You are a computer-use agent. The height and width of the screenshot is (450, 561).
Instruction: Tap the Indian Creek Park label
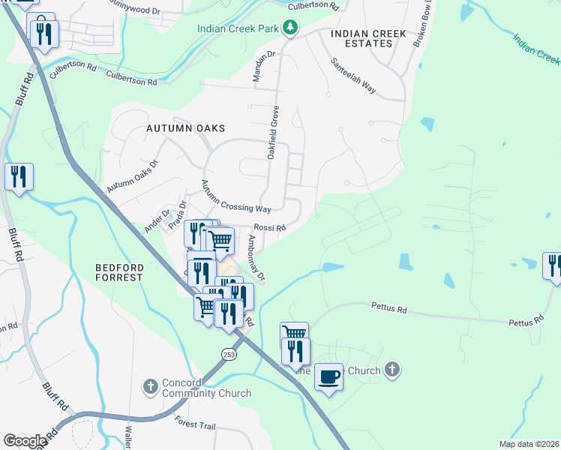[x=238, y=29]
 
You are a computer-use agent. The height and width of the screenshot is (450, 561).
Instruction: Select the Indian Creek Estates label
[x=368, y=38]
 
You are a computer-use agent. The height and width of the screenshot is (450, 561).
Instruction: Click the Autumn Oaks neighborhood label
[x=186, y=128]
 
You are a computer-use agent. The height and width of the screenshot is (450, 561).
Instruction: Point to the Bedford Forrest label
[x=119, y=271]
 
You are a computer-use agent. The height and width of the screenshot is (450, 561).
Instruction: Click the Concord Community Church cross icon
[x=150, y=387]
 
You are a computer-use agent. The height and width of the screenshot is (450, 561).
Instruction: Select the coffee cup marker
[x=328, y=376]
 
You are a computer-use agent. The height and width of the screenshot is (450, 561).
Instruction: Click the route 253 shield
[x=229, y=353]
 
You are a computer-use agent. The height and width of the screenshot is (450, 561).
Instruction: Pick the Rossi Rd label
[x=270, y=228]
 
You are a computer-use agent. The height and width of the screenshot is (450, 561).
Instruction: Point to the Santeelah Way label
[x=352, y=76]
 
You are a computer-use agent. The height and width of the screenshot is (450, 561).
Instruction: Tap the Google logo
[x=25, y=441]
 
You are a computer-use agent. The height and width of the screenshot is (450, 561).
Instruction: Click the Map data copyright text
[x=528, y=444]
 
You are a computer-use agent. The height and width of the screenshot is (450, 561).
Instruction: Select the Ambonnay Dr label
[x=256, y=259]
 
